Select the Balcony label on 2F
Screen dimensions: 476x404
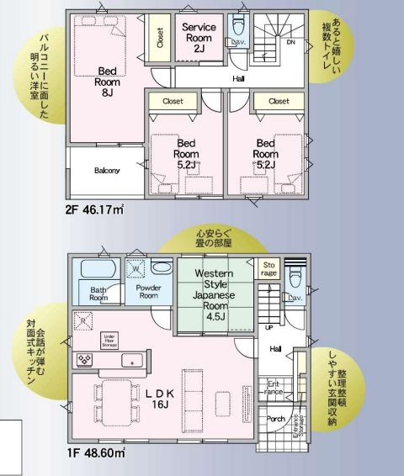click(107, 170)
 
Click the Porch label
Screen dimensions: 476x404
click(276, 418)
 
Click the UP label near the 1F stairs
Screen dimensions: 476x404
click(268, 327)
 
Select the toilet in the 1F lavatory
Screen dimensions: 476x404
click(293, 276)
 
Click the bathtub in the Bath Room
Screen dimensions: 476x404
click(98, 272)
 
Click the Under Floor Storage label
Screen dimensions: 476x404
click(109, 341)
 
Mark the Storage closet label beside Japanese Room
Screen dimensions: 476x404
click(268, 268)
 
